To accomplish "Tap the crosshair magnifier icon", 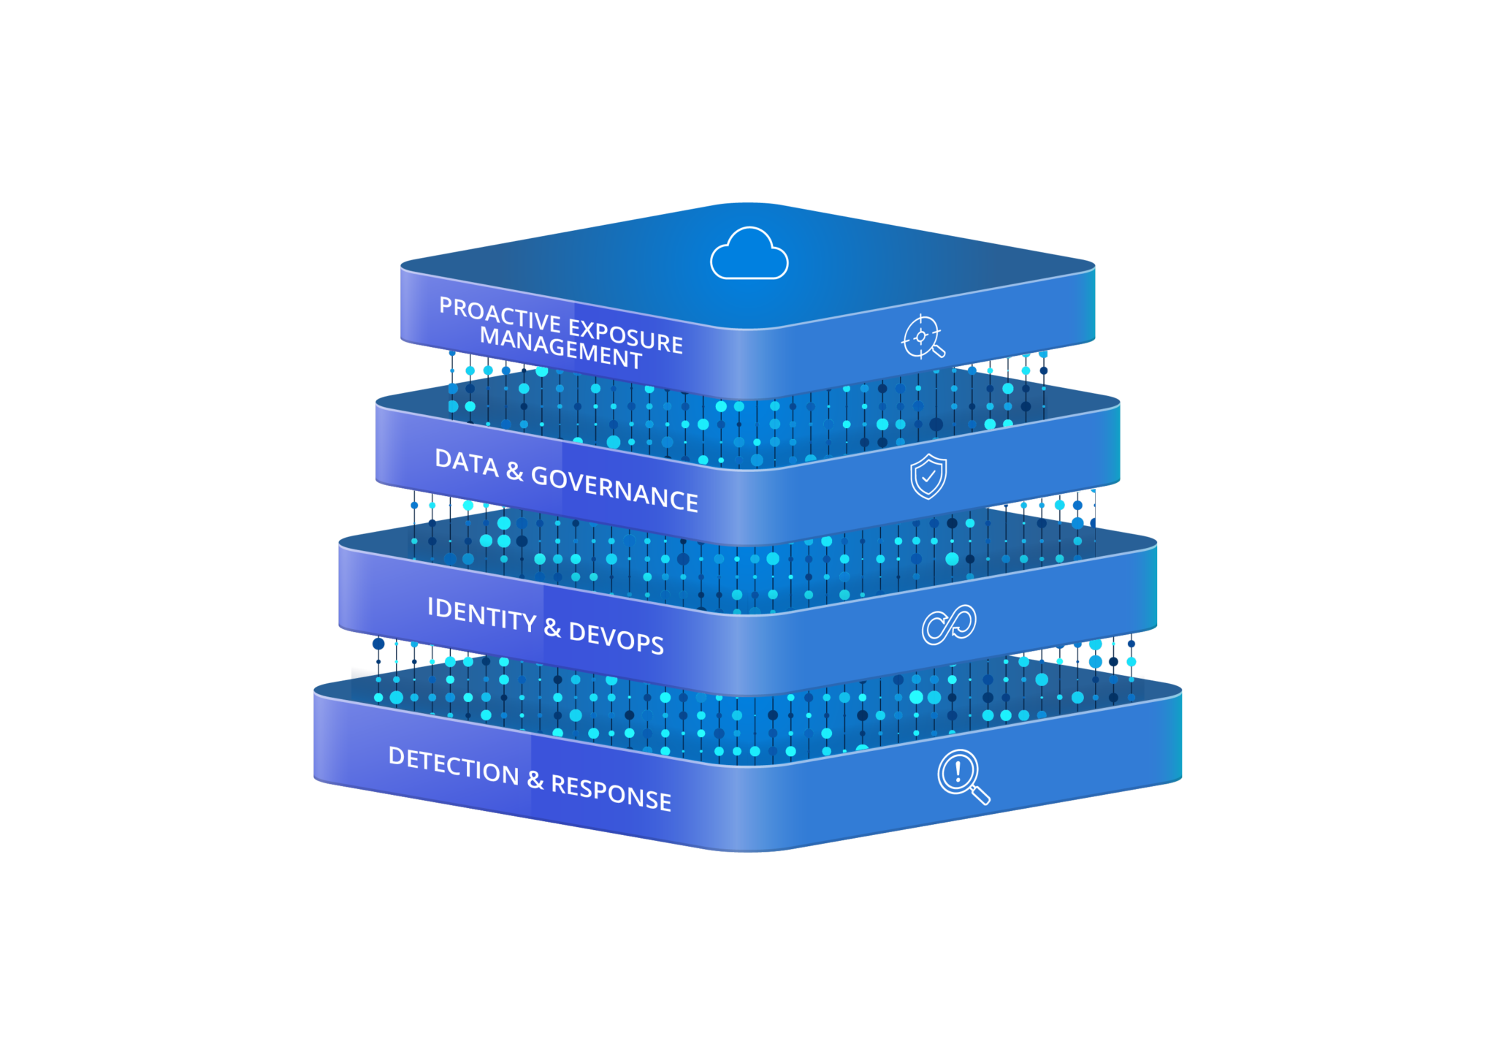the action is [x=923, y=337].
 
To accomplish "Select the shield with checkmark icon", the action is [x=928, y=476].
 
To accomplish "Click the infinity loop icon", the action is [x=949, y=625].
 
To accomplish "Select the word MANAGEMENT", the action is [x=561, y=348].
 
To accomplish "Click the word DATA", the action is [x=467, y=462].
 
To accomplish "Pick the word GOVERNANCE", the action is [x=614, y=488].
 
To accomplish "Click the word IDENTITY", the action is [x=482, y=614].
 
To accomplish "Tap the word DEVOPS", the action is [x=617, y=637].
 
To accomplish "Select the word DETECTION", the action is [x=454, y=766].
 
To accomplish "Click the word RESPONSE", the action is [x=611, y=792].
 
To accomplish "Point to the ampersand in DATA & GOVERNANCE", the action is [x=515, y=472].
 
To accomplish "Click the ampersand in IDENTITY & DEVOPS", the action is [x=552, y=627].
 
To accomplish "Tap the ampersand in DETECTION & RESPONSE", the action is [x=535, y=780].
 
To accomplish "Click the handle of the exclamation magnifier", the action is [x=980, y=794].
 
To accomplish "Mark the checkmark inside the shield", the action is [x=928, y=476].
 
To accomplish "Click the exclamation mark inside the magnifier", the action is [x=958, y=771].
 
